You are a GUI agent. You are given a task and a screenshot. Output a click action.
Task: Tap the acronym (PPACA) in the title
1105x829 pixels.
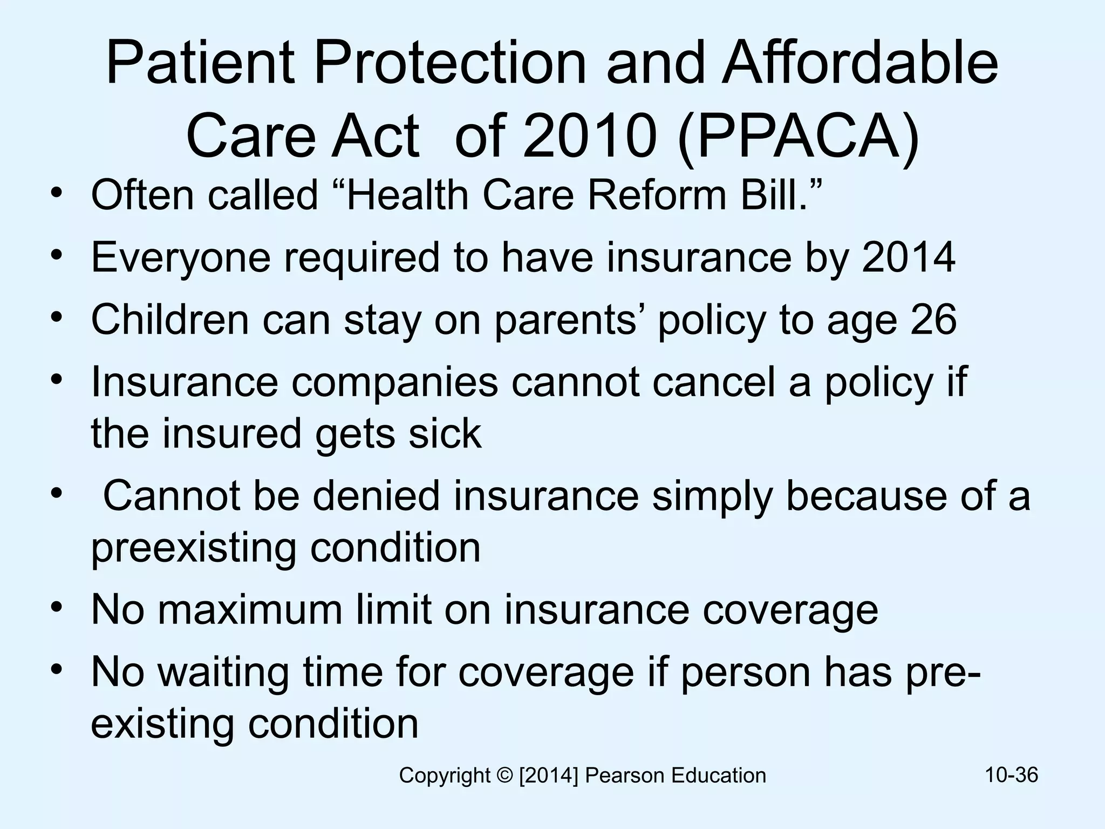tap(797, 136)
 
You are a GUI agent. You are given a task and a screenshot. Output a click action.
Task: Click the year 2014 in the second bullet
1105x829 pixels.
tap(909, 257)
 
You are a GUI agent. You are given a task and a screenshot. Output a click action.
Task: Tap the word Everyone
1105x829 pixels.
tap(181, 257)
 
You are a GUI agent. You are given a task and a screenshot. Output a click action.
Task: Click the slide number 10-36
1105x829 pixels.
tap(1011, 775)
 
